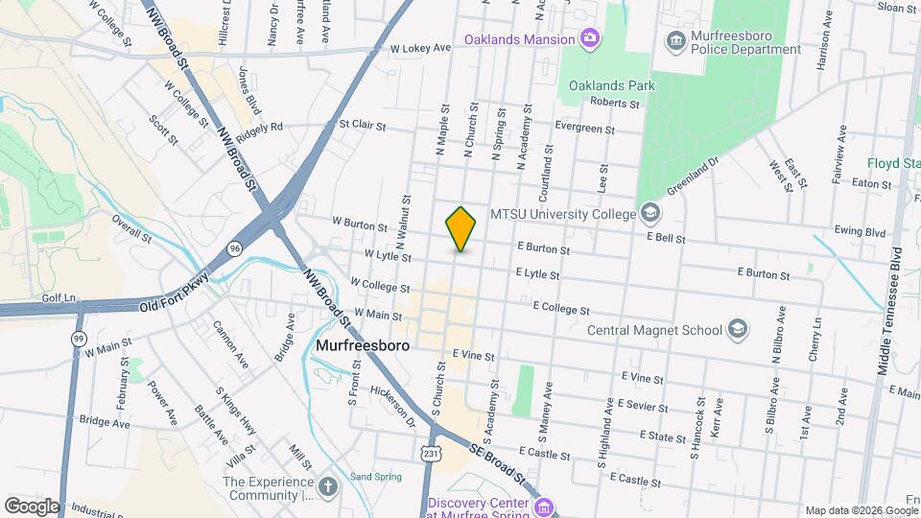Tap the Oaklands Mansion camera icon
tap(590, 39)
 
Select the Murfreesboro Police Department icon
tap(676, 39)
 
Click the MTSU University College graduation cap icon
tap(650, 213)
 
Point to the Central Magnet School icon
tap(737, 330)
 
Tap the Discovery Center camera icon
tap(544, 506)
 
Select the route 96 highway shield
tap(235, 248)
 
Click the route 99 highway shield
tap(79, 339)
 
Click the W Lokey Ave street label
tap(420, 47)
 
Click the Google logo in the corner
tap(32, 506)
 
